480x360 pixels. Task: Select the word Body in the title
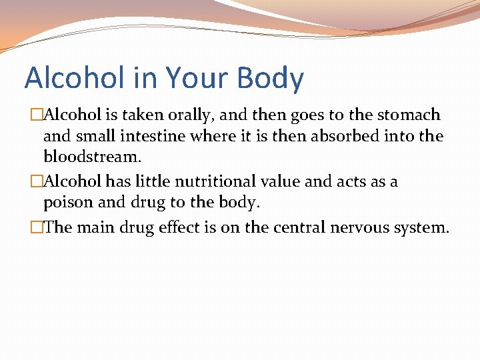pos(270,78)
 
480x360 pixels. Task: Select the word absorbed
pos(340,137)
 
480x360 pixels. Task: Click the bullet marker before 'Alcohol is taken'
pos(37,115)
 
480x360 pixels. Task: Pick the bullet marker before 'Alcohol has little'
pos(37,181)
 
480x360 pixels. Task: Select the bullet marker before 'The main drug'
pos(37,227)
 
